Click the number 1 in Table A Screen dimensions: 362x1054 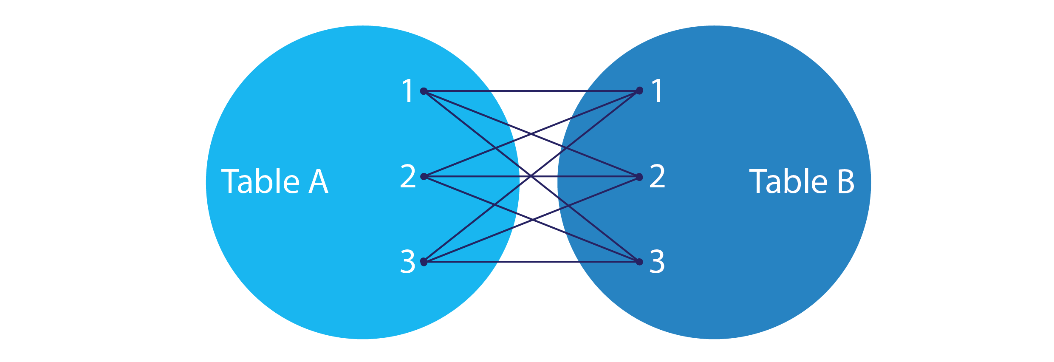(408, 91)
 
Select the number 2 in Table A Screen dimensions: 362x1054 (408, 176)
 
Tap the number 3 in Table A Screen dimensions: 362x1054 (408, 262)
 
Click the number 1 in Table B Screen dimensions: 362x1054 (657, 91)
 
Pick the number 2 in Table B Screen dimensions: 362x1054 (657, 176)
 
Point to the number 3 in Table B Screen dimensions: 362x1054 (657, 262)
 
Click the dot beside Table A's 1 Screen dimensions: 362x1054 (424, 91)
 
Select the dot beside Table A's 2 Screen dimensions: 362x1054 (424, 176)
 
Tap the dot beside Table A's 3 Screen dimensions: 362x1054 (424, 262)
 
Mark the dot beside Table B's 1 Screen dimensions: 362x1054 (639, 90)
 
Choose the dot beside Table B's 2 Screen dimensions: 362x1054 (639, 177)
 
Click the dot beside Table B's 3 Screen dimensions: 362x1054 (639, 262)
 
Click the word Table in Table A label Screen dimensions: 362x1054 (260, 181)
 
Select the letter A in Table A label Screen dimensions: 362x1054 (318, 182)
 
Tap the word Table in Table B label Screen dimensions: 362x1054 (788, 181)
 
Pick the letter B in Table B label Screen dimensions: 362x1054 (845, 182)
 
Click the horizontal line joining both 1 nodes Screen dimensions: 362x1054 (531, 91)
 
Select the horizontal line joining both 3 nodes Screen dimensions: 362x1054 (531, 262)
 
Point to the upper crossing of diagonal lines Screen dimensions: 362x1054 (531, 134)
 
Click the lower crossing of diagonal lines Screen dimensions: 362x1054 (531, 219)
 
